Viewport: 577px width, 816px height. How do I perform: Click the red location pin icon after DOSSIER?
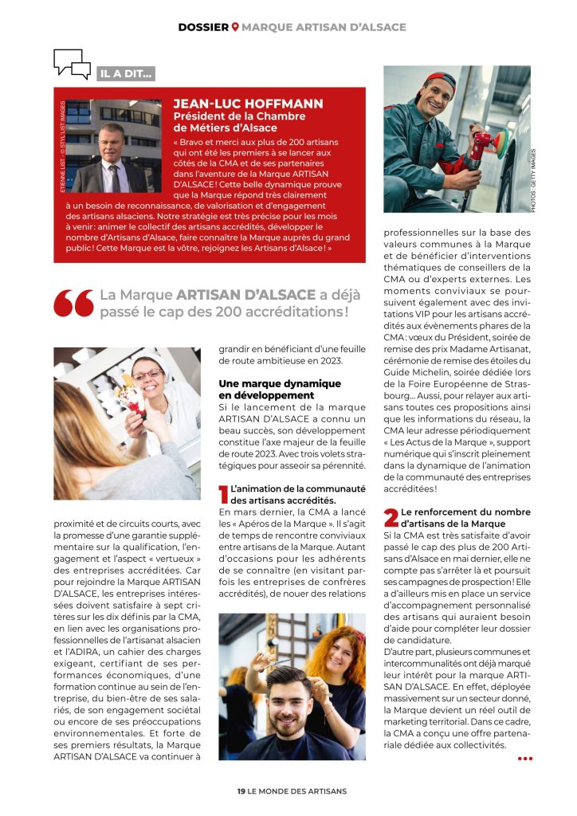pos(234,27)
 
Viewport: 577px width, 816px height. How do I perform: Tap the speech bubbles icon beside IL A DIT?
pos(72,64)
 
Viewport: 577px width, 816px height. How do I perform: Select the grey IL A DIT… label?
pos(126,74)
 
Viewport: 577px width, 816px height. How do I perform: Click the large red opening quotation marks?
pos(73,302)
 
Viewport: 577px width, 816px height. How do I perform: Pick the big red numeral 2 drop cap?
pos(391,517)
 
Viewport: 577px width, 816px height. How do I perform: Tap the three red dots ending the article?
pos(524,758)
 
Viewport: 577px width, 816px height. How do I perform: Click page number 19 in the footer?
pos(241,790)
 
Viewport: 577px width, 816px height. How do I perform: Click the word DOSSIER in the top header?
pos(203,27)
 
